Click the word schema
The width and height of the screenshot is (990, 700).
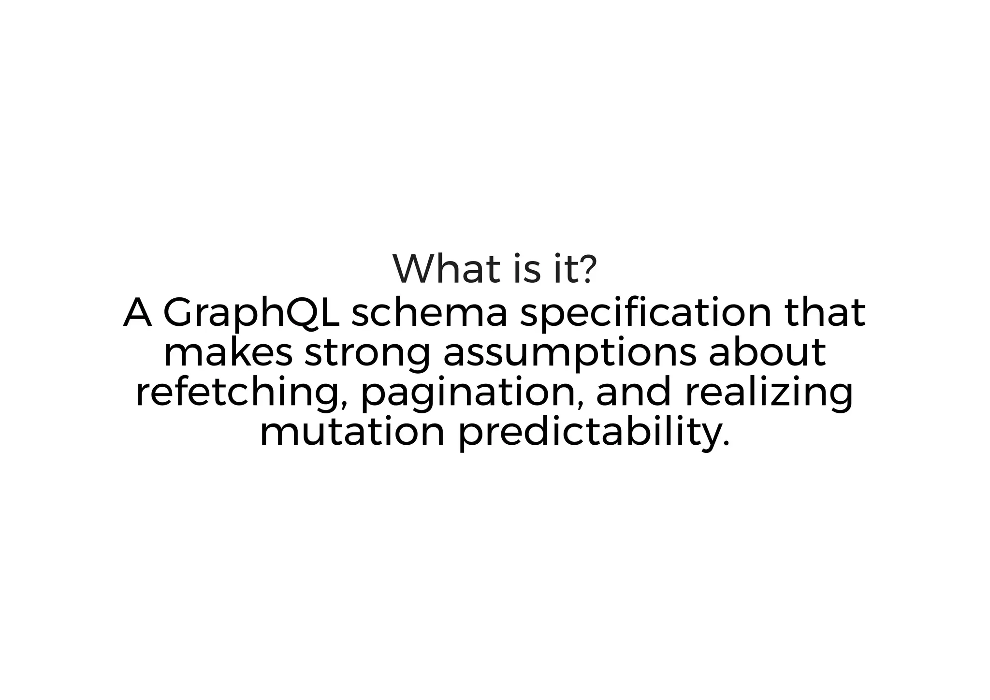click(429, 313)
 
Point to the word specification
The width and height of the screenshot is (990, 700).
click(645, 314)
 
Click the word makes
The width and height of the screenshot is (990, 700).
click(228, 352)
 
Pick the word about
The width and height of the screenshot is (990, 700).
click(767, 352)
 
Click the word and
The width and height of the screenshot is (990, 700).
click(634, 392)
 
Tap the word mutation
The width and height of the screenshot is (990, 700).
click(352, 433)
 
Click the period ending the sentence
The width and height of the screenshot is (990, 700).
click(726, 444)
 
